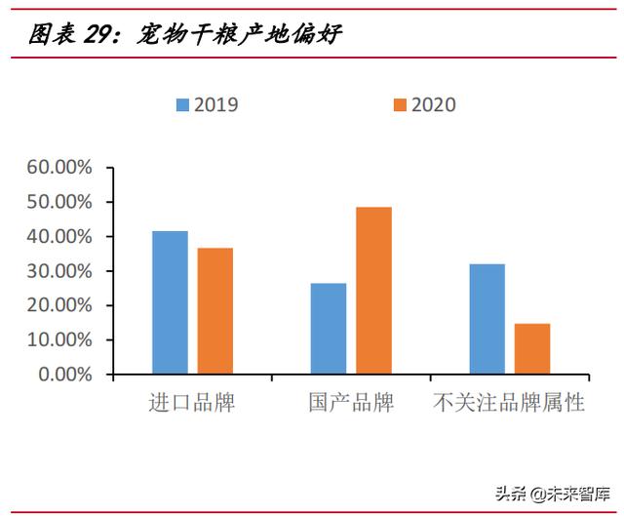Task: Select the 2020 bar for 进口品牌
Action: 214,311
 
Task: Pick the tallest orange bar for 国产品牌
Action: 373,291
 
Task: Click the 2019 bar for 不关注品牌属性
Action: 487,319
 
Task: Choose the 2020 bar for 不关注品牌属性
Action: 532,349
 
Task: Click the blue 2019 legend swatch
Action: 182,104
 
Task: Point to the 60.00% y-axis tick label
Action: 59,168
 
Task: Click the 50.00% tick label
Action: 59,202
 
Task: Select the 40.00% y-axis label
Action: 59,237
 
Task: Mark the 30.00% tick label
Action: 59,271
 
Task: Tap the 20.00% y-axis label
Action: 59,305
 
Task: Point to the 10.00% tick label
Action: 59,340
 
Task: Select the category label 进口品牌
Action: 191,402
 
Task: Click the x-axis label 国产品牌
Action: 351,402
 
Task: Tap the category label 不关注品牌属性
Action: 509,402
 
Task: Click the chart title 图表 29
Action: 185,35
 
